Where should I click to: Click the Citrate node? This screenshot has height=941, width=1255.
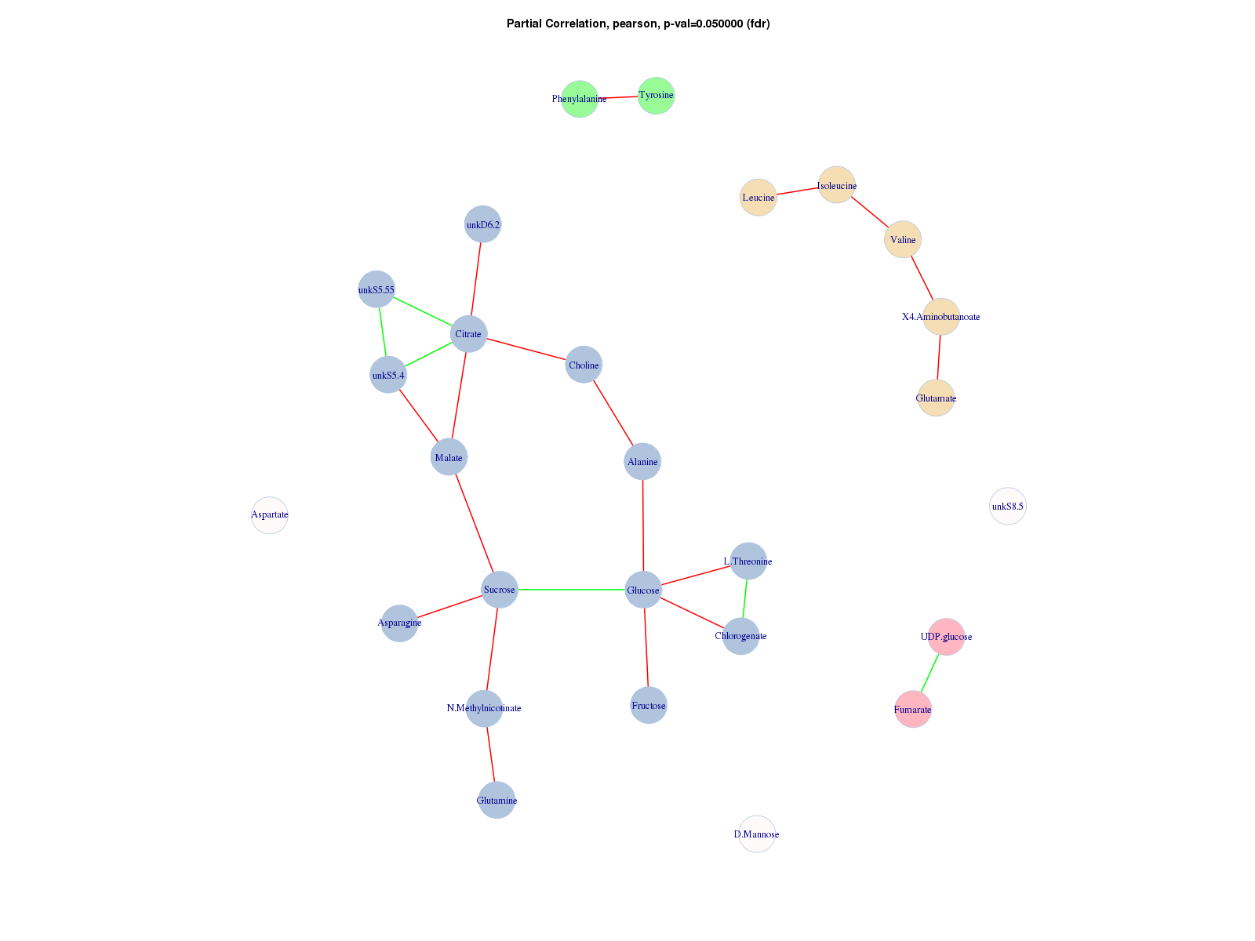[469, 334]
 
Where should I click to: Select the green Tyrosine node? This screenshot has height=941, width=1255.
[656, 96]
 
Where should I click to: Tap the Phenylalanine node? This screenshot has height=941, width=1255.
[580, 99]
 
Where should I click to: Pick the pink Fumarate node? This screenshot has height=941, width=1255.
[913, 710]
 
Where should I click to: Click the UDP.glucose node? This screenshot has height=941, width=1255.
[947, 637]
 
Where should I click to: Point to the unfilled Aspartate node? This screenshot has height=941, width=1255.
[270, 515]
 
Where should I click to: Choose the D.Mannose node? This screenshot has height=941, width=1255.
[757, 834]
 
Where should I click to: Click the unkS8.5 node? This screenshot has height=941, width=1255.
[1008, 507]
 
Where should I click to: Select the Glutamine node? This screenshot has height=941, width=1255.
[497, 800]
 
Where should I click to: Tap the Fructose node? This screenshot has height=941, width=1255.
[649, 706]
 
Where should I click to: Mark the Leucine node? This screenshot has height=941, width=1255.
[758, 198]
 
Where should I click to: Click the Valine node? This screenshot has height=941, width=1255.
[903, 239]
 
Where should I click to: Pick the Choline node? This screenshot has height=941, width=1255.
[584, 365]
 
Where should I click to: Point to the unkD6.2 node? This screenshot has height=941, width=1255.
[483, 225]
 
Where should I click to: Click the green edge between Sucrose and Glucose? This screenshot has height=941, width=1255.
[571, 589]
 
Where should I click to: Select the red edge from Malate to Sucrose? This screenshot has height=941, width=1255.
[474, 523]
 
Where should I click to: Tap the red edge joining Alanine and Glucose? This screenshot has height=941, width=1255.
[643, 525]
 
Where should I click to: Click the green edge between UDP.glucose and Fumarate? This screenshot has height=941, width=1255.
[930, 673]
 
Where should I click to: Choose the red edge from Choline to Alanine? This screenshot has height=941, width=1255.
[613, 413]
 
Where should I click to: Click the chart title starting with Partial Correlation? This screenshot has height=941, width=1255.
[638, 24]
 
